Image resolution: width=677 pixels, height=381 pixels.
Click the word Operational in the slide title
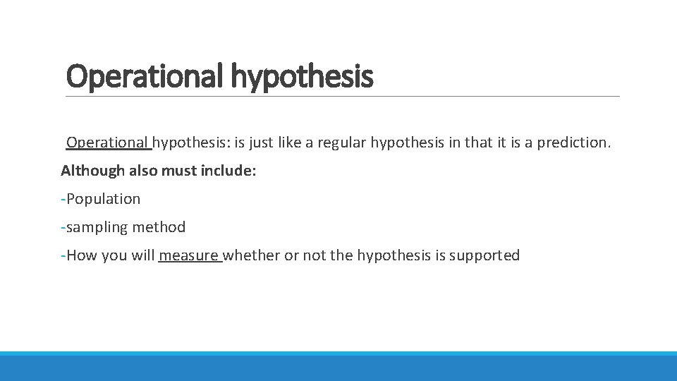(145, 76)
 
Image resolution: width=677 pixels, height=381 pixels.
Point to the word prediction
(574, 143)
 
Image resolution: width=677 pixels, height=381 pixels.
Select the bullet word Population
(104, 199)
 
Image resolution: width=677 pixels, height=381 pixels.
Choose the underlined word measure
(188, 255)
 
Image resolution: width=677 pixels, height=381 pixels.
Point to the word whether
(252, 255)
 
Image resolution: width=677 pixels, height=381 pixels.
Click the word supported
(484, 255)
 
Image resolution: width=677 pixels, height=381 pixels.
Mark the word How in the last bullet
(81, 255)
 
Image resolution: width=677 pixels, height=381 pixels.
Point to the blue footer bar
(338, 367)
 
